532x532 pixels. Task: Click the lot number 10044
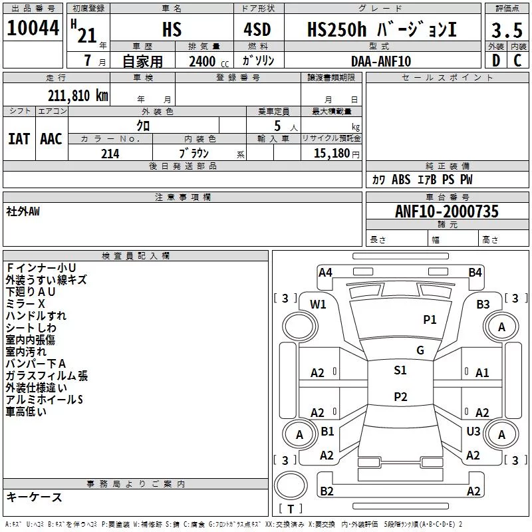click(33, 28)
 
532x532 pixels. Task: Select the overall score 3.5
click(507, 30)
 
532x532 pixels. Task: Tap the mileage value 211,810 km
click(78, 96)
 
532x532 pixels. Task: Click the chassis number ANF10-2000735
click(447, 211)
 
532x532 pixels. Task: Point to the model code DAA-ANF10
click(381, 61)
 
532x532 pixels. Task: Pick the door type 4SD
click(257, 29)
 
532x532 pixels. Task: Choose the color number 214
click(110, 154)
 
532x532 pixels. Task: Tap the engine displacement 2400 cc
click(209, 61)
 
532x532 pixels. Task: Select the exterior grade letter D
click(496, 61)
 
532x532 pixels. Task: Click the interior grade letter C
click(517, 61)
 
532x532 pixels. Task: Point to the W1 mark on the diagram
click(318, 305)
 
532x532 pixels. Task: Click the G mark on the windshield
click(420, 350)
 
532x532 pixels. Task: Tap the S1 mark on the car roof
click(400, 370)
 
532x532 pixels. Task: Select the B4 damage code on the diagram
click(475, 273)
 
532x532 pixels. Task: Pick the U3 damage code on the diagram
click(473, 431)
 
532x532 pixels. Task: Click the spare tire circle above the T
click(291, 485)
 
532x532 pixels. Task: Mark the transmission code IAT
click(19, 139)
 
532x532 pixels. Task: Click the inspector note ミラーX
click(25, 304)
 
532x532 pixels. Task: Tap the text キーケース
click(34, 497)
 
